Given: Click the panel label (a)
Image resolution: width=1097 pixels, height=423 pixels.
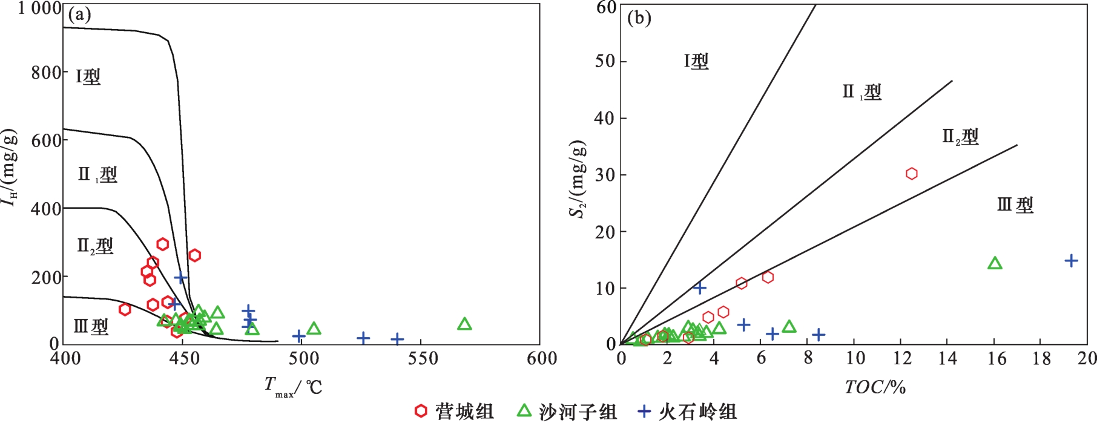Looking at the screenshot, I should click(x=79, y=15).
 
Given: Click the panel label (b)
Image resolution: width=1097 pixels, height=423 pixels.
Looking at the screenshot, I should click(x=639, y=18).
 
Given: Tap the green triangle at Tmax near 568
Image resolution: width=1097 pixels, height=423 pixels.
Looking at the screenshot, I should click(x=464, y=324).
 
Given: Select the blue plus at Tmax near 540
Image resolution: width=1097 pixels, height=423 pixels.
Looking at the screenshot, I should click(x=397, y=339).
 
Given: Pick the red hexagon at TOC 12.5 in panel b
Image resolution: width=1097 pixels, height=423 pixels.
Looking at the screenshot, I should click(x=911, y=174).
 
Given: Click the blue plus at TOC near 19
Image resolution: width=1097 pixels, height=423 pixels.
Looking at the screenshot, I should click(x=1071, y=261).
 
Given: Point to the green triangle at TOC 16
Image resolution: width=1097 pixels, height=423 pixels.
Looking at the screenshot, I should click(x=995, y=263).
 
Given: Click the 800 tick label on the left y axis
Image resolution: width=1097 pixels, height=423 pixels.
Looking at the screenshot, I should click(x=46, y=73).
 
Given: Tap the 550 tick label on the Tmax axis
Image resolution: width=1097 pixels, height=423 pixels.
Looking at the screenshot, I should click(x=422, y=359).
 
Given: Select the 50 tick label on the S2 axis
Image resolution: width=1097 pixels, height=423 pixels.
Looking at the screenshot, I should click(x=605, y=62).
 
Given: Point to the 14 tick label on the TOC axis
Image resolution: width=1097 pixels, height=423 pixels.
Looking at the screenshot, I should click(x=947, y=359).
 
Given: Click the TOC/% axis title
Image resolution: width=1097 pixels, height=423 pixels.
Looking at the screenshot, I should click(x=875, y=387).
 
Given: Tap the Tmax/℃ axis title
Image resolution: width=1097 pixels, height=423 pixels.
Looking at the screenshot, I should click(x=293, y=387).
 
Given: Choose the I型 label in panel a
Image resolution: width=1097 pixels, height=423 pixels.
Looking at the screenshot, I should click(x=88, y=77).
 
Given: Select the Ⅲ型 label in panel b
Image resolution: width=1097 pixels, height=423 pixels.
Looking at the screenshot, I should click(x=1015, y=205).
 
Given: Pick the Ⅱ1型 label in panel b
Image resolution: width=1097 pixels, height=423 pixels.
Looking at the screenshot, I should click(x=861, y=93).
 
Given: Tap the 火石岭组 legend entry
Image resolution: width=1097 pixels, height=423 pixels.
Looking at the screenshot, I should click(x=688, y=412).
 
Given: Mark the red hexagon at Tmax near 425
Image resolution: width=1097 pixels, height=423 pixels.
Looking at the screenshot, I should click(x=125, y=310).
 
